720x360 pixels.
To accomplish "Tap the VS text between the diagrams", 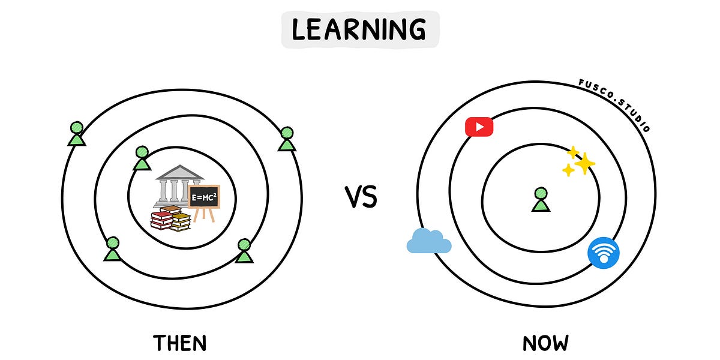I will tap(361, 197).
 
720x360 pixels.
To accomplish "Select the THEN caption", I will tap(180, 343).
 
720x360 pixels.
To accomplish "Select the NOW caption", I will tap(545, 343).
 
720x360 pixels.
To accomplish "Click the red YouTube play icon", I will tap(479, 127).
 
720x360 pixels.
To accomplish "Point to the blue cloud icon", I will tap(428, 241).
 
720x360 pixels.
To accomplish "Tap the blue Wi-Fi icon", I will tap(604, 252).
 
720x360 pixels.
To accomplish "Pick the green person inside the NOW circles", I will tap(541, 200).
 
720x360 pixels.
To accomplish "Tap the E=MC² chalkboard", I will tap(203, 196).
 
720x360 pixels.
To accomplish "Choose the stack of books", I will tap(170, 219).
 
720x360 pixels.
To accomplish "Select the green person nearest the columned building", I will tap(142, 158).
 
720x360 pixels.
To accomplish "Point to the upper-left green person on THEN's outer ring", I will tap(76, 133).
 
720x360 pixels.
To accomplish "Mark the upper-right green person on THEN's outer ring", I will tap(287, 139).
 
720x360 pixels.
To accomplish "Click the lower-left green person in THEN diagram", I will tap(112, 249).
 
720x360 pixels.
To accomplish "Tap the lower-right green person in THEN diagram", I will tap(244, 251).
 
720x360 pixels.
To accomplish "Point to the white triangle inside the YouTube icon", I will tap(479, 127).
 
